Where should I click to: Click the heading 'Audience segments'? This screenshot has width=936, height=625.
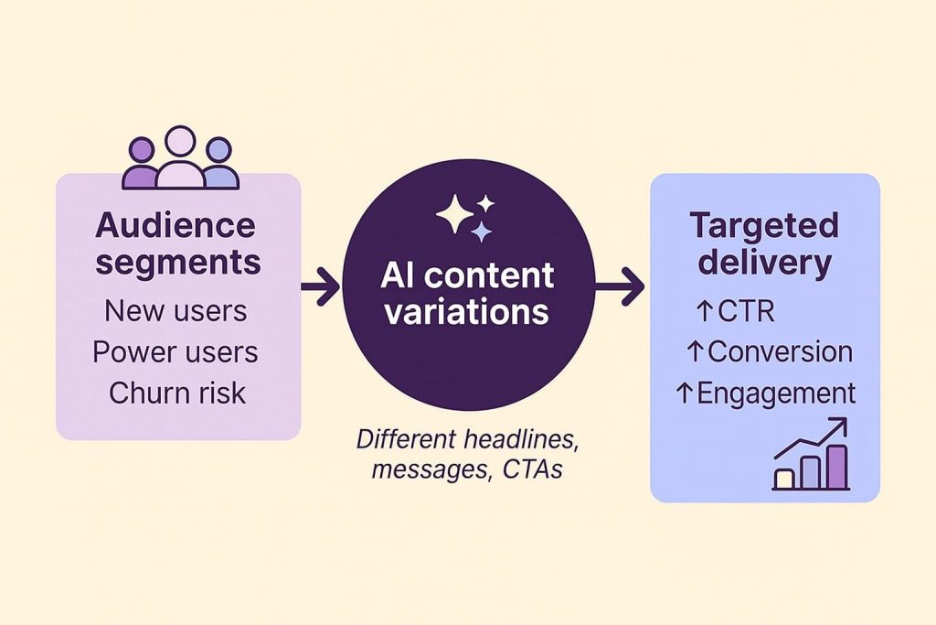pyautogui.click(x=178, y=242)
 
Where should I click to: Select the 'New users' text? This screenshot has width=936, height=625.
pyautogui.click(x=176, y=310)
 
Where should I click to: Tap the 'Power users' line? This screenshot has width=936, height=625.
pyautogui.click(x=175, y=352)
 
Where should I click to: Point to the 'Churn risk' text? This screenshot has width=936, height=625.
pyautogui.click(x=177, y=393)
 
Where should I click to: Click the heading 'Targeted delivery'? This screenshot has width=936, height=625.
pyautogui.click(x=764, y=242)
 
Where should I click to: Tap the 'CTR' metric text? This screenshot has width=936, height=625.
pyautogui.click(x=745, y=311)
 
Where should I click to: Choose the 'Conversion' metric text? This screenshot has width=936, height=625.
pyautogui.click(x=780, y=351)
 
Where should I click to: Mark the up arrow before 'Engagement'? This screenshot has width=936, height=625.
pyautogui.click(x=684, y=393)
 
